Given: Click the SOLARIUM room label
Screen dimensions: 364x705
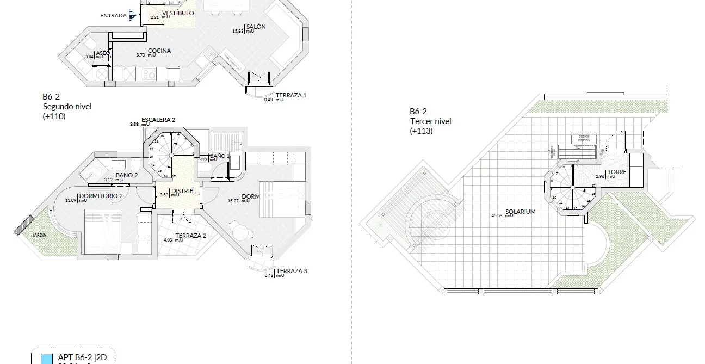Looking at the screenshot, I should click(x=521, y=212).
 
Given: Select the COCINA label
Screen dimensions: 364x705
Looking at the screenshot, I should click(x=159, y=51).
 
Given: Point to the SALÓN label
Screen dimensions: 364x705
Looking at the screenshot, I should click(x=256, y=27).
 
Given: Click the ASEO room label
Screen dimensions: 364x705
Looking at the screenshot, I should click(x=103, y=53).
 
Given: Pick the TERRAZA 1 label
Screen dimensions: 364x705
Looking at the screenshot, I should click(x=291, y=95).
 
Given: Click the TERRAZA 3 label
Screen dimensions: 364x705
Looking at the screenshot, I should click(x=292, y=271).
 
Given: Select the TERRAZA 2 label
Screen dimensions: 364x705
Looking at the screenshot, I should click(x=191, y=236).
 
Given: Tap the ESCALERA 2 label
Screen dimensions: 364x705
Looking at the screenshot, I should click(x=158, y=120).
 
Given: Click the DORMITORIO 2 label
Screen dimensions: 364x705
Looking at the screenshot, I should click(x=101, y=196).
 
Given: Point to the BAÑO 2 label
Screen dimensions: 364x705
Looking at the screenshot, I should click(x=126, y=175).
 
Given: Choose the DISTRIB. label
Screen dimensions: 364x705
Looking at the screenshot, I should click(x=183, y=191).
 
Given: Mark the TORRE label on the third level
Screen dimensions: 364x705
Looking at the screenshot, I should click(x=617, y=172).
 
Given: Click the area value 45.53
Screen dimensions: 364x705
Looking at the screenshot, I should click(x=496, y=215).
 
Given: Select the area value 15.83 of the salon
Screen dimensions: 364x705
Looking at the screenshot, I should click(x=238, y=30).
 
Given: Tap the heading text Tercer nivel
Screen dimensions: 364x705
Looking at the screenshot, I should click(x=430, y=121).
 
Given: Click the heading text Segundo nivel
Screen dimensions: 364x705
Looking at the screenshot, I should click(x=67, y=107).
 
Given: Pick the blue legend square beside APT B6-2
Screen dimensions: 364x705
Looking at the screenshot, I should click(x=48, y=359).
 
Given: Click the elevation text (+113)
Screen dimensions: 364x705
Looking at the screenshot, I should click(x=422, y=131).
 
